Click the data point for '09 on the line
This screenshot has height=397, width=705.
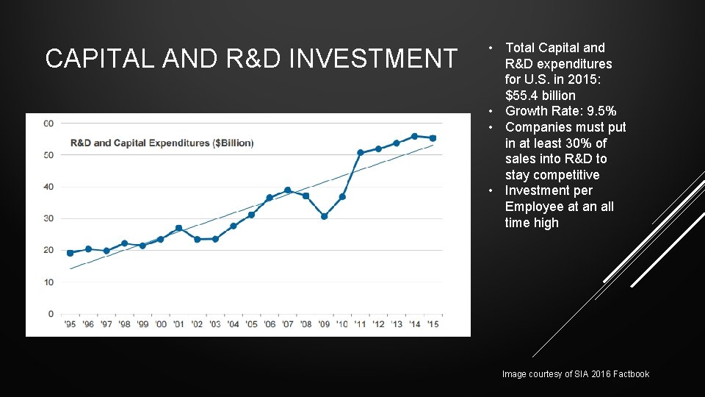pos(324,216)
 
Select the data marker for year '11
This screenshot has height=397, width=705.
pos(360,153)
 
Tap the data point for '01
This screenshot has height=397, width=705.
pos(178,228)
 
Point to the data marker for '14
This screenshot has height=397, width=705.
pos(414,136)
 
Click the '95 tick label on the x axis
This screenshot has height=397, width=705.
pos(70,324)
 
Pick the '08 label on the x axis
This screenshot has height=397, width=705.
pos(305,324)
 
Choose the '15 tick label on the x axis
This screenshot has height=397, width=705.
pos(433,324)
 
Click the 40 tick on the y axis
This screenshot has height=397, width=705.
pos(48,187)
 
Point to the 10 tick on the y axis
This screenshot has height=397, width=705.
pos(48,282)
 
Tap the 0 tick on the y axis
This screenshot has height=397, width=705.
pos(50,314)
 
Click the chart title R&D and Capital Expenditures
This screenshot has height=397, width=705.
pos(162,143)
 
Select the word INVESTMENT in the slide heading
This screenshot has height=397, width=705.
pos(373,59)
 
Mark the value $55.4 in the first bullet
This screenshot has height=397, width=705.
pos(523,96)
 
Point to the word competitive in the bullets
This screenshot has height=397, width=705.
pos(552,175)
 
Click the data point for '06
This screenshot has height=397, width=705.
pos(270,198)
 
